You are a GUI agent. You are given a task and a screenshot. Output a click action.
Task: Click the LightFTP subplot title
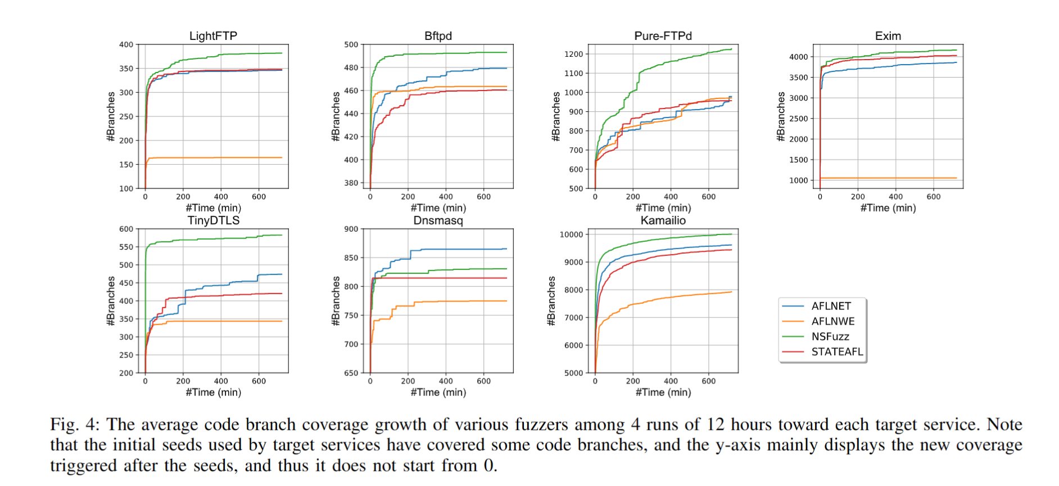tap(213, 36)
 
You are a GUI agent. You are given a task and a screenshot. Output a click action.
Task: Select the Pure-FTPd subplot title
tap(663, 36)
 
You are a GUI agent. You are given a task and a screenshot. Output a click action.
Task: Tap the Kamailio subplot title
tap(663, 220)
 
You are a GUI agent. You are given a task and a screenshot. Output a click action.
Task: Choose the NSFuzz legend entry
tap(830, 336)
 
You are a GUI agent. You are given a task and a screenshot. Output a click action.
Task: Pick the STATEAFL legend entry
tap(836, 352)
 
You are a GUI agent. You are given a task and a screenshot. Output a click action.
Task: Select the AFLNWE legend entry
tap(832, 321)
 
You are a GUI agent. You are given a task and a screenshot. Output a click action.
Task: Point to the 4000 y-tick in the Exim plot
tap(798, 57)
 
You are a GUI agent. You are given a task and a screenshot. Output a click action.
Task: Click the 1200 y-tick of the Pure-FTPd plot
tap(573, 54)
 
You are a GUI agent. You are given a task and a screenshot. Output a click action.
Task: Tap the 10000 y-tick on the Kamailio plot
tap(571, 235)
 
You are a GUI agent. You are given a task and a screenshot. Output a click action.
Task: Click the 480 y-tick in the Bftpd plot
tap(351, 67)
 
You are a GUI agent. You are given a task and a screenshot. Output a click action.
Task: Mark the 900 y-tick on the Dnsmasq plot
tap(351, 229)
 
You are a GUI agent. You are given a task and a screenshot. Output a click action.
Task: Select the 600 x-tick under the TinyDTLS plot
tap(259, 381)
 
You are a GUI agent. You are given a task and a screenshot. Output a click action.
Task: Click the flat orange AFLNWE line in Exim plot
tap(888, 178)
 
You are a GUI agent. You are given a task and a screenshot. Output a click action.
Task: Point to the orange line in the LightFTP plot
tap(214, 158)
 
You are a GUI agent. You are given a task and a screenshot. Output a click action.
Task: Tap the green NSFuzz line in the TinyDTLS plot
tap(214, 239)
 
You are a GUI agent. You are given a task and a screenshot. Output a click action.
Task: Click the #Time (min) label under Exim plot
tap(888, 208)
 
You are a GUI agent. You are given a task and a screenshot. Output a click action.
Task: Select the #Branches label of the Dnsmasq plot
tap(336, 300)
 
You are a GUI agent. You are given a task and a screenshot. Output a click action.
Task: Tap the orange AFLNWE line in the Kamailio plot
tap(663, 300)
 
